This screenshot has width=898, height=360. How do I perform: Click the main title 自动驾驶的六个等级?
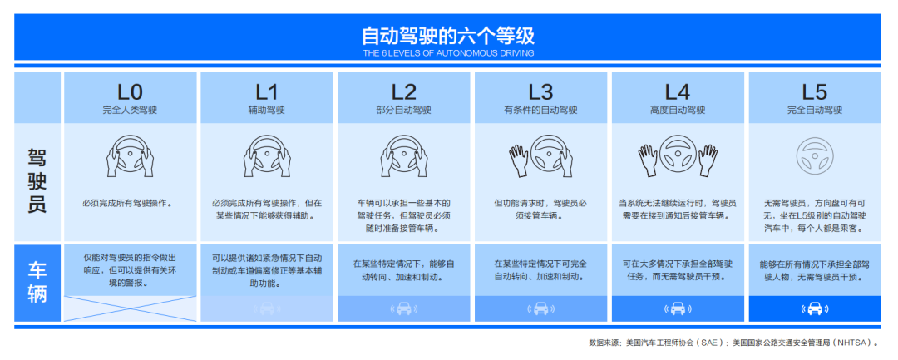(448, 36)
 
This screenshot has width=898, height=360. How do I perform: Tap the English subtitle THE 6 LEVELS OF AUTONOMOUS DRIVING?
(448, 53)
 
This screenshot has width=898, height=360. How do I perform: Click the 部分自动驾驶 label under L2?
(404, 110)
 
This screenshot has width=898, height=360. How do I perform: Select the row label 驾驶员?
(37, 180)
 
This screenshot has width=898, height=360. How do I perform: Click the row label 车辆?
(37, 281)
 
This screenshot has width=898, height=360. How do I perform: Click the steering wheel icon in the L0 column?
(130, 156)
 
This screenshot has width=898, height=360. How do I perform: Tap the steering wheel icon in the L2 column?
(404, 156)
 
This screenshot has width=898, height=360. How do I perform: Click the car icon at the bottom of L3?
(540, 308)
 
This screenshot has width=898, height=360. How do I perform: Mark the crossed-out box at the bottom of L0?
(130, 308)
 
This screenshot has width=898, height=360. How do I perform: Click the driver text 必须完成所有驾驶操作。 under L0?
(130, 203)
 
